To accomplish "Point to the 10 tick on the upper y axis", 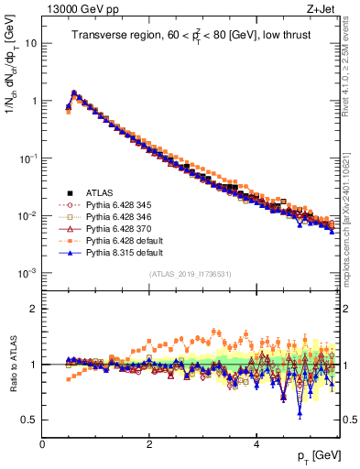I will pyautogui.click(x=32, y=43).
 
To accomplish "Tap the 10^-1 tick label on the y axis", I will pyautogui.click(x=27, y=158).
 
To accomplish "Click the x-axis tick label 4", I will pyautogui.click(x=256, y=443).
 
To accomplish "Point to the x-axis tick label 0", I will pyautogui.click(x=42, y=443).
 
